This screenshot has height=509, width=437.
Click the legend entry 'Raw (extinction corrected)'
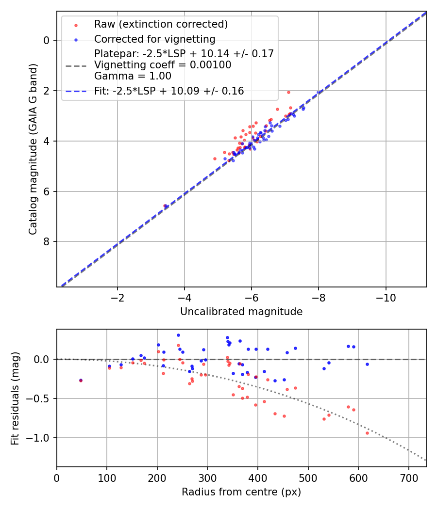pyautogui.click(x=161, y=24)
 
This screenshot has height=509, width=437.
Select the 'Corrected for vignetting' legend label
pyautogui.click(x=154, y=39)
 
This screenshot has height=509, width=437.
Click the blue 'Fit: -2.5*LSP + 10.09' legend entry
pyautogui.click(x=169, y=91)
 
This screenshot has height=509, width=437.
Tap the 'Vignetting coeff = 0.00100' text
pyautogui.click(x=163, y=65)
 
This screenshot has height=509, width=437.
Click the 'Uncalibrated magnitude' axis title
pyautogui.click(x=241, y=312)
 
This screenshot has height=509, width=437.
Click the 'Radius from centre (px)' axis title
pyautogui.click(x=241, y=492)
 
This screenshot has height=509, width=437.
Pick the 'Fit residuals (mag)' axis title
pyautogui.click(x=16, y=398)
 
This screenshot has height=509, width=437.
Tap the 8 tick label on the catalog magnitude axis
pyautogui.click(x=47, y=242)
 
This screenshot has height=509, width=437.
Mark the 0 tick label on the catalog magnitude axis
pyautogui.click(x=47, y=41)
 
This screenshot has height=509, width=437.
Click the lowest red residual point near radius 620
pyautogui.click(x=367, y=433)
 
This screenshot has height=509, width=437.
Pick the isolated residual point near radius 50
pyautogui.click(x=81, y=381)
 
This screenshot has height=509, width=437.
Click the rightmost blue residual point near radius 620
pyautogui.click(x=367, y=364)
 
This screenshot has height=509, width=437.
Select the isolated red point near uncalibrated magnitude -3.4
pyautogui.click(x=165, y=206)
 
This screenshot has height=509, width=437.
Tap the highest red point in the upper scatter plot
pyautogui.click(x=288, y=92)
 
